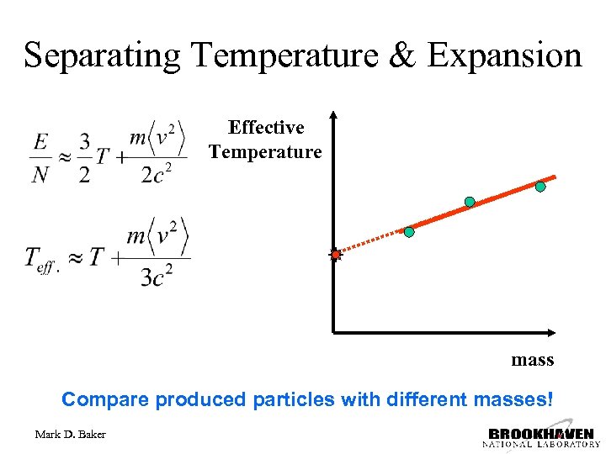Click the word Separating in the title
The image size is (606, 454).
(102, 55)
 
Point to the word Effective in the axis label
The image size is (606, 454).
(266, 128)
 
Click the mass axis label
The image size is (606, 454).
(532, 360)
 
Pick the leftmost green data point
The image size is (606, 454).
(409, 231)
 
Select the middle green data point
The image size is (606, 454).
(470, 202)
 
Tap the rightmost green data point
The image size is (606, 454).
(540, 187)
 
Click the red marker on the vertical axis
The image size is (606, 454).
(335, 254)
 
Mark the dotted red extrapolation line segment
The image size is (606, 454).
(370, 242)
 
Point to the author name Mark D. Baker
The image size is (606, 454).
(71, 434)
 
